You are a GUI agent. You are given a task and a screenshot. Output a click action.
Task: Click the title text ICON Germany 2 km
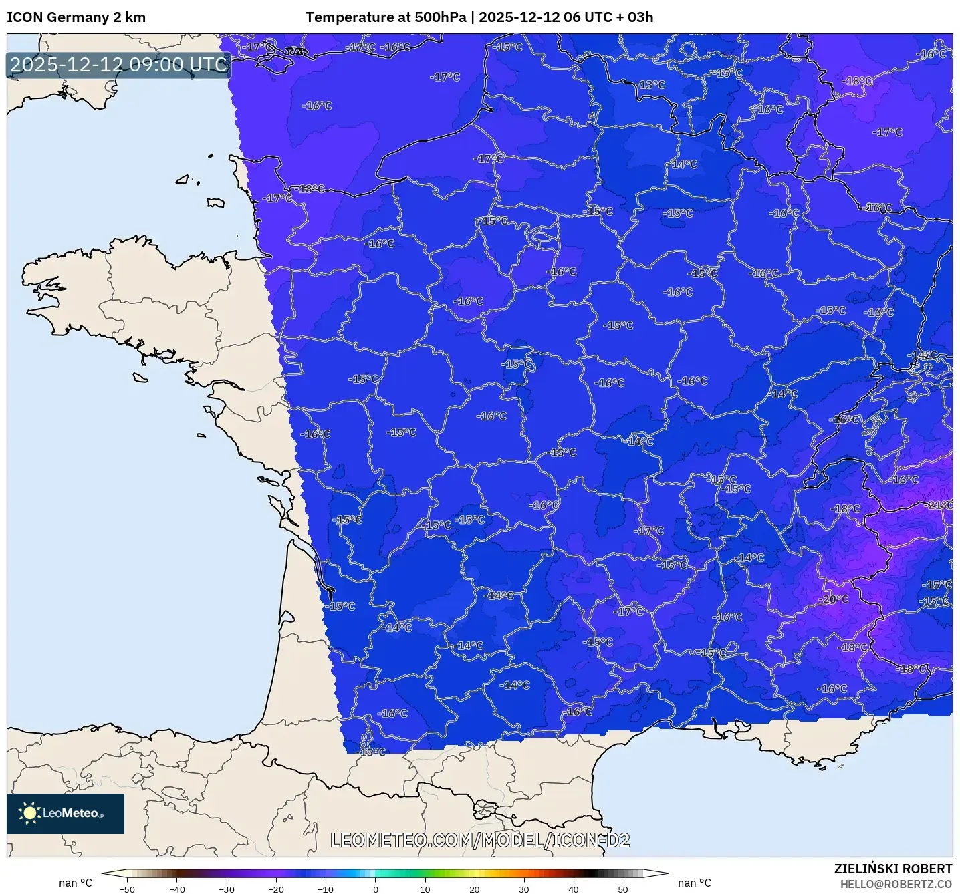[76, 17]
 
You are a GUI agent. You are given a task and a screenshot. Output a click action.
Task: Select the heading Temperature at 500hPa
[386, 17]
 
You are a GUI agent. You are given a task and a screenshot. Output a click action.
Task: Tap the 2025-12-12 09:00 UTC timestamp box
[119, 65]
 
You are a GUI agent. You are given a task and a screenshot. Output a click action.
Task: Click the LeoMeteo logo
[66, 813]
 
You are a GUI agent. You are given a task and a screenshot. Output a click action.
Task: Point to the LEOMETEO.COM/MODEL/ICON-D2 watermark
[480, 840]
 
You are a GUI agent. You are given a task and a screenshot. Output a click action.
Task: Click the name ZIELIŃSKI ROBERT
[892, 869]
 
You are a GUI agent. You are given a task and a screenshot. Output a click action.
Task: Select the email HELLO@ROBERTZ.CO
[895, 884]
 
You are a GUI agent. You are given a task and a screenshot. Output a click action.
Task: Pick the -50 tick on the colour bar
[127, 889]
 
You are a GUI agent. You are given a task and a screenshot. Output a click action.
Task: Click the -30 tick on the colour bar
[227, 889]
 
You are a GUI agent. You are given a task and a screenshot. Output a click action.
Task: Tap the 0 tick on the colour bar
[376, 889]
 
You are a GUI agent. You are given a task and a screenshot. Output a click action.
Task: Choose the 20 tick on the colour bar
[475, 889]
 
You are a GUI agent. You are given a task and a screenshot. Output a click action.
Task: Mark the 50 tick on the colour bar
[623, 889]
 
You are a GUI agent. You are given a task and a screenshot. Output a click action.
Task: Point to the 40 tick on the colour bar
[574, 889]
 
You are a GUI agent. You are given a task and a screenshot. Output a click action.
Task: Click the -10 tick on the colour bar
[326, 889]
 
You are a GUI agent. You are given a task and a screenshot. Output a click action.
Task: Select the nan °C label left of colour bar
[76, 883]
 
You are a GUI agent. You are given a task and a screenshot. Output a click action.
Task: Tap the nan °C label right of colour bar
[695, 883]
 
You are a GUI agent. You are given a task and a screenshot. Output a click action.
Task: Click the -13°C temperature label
[651, 85]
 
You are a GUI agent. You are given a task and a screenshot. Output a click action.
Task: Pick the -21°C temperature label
[939, 505]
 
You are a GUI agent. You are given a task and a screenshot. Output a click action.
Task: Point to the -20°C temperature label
[834, 599]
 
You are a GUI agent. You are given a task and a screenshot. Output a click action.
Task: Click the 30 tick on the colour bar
[524, 889]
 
